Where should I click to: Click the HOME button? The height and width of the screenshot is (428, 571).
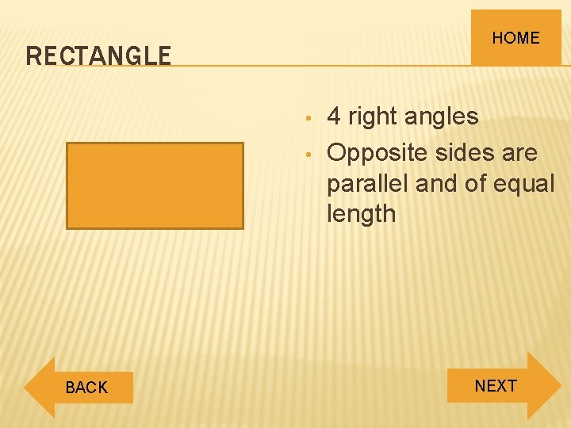coord(515,37)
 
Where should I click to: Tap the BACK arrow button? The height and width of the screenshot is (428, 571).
coord(79,388)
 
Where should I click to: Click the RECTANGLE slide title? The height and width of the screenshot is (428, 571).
coord(98,55)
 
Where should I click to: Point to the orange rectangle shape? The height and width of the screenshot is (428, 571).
coord(155,185)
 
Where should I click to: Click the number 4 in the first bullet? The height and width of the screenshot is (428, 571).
coord(334,117)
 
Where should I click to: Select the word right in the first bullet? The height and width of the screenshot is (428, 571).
coord(372,117)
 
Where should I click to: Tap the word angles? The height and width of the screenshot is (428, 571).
coord(441,117)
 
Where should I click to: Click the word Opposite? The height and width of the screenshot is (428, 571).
coord(376,152)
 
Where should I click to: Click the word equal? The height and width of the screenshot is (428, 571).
coord(521,183)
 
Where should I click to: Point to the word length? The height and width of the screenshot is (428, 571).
coord(361,213)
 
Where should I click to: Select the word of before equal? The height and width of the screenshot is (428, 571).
coord(472,183)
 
